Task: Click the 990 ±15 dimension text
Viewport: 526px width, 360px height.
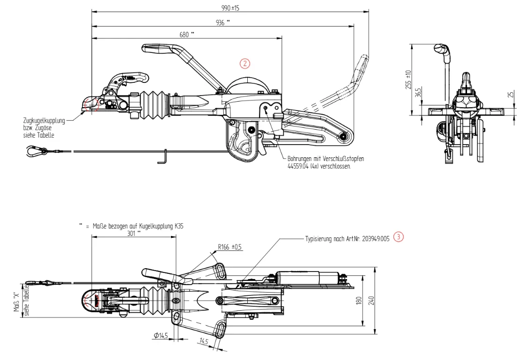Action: tap(230, 8)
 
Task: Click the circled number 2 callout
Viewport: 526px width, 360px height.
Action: tap(245, 63)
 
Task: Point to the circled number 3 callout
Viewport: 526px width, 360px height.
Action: tap(398, 237)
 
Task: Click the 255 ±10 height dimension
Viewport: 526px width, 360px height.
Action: tap(408, 79)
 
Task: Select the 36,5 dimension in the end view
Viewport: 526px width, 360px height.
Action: tap(418, 92)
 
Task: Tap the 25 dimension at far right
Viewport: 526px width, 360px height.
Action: tap(511, 94)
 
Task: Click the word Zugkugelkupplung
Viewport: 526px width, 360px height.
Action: tap(43, 121)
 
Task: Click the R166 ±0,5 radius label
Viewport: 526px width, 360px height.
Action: tap(230, 247)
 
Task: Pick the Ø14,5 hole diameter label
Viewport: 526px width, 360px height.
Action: tap(160, 335)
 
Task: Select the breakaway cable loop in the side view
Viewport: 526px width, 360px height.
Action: tap(34, 151)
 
